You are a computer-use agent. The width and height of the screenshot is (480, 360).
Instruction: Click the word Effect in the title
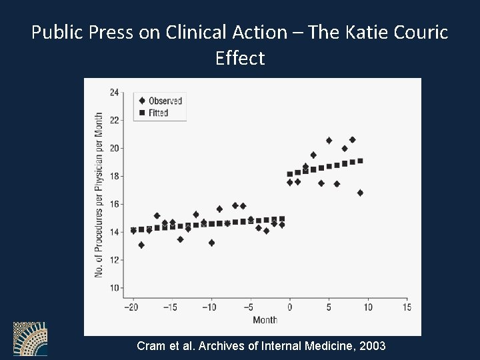click(x=240, y=58)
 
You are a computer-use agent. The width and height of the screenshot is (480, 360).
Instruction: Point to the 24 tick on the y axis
click(x=114, y=92)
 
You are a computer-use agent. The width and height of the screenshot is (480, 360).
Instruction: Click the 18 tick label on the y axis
click(x=114, y=176)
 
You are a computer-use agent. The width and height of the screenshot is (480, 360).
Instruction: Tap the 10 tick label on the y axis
click(x=114, y=288)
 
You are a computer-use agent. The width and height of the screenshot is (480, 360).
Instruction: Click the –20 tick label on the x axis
click(x=132, y=307)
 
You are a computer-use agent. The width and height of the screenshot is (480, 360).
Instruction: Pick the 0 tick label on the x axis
click(x=289, y=307)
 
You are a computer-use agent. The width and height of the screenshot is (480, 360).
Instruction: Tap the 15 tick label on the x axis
click(x=407, y=307)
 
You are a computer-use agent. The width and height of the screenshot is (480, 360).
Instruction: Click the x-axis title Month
click(x=265, y=320)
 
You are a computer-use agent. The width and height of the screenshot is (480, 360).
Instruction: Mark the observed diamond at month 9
click(x=360, y=193)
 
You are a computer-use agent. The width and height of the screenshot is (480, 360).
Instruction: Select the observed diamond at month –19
click(x=141, y=245)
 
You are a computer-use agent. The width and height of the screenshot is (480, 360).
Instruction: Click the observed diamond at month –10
click(x=211, y=243)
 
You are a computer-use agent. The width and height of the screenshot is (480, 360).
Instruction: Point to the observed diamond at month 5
click(x=329, y=141)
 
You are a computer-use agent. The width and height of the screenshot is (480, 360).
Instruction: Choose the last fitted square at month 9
click(x=360, y=161)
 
